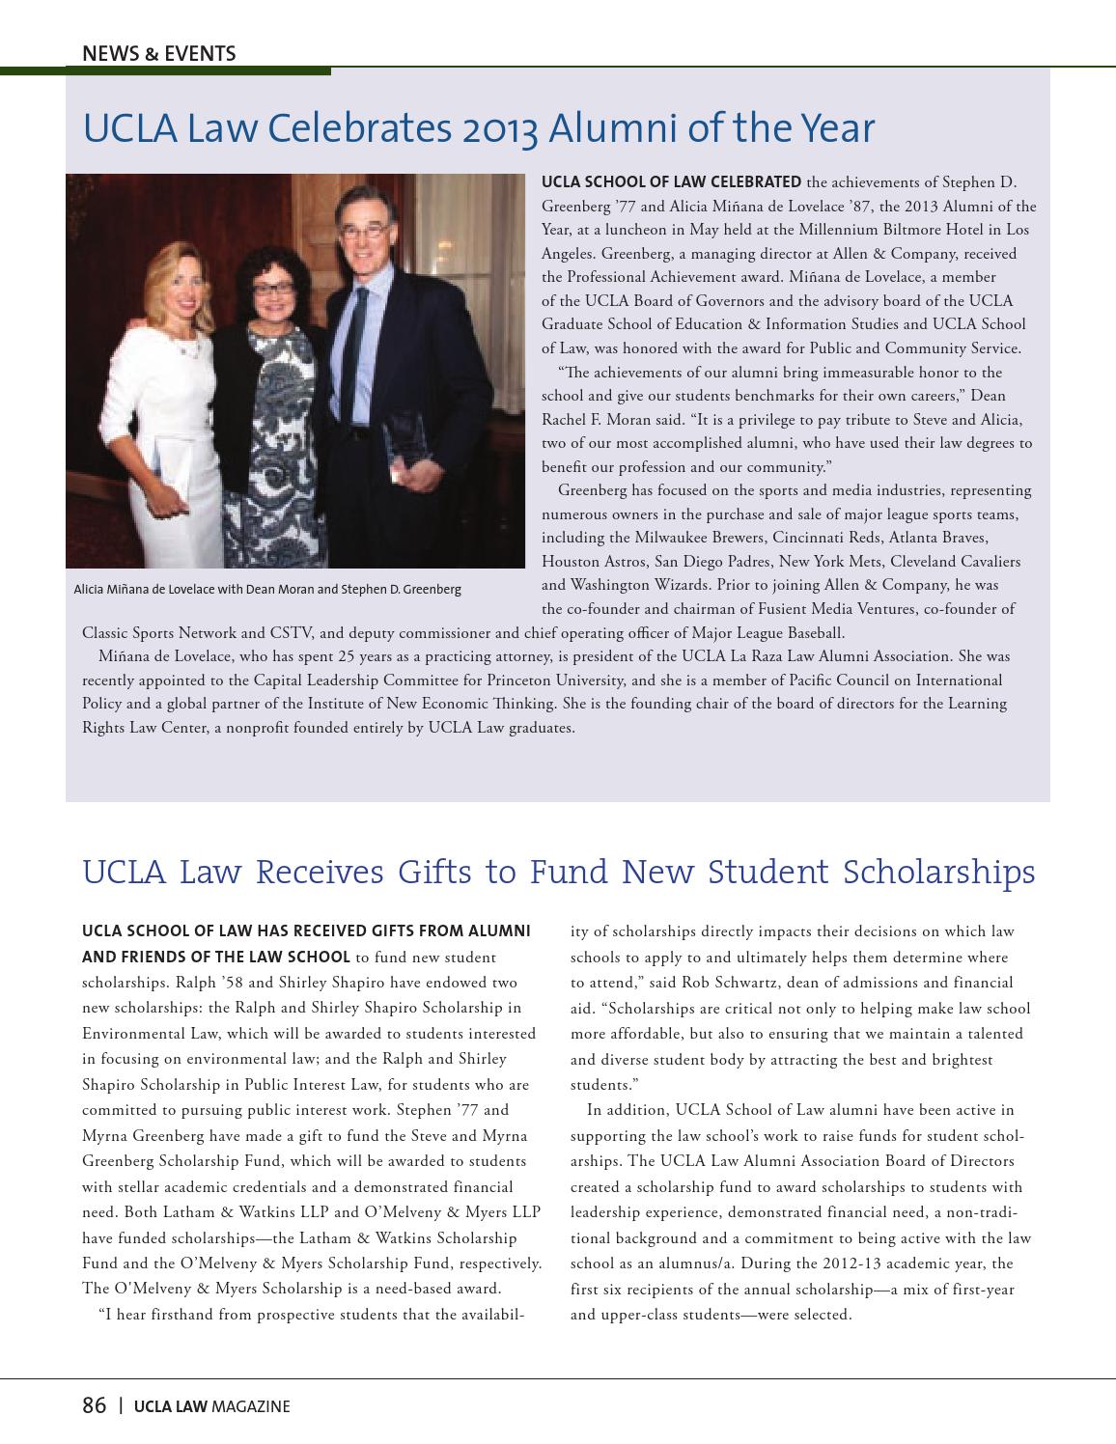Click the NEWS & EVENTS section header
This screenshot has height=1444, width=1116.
coord(158,53)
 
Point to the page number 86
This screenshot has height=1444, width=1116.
coord(94,1405)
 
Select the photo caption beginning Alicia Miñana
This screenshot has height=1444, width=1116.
coord(267,589)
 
